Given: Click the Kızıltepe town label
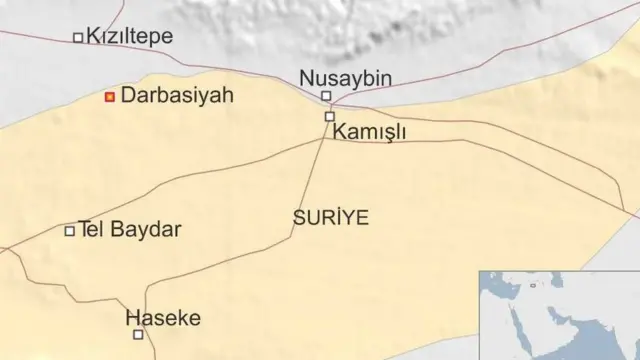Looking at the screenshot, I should click(x=129, y=37).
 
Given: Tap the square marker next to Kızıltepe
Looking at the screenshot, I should click(x=78, y=38).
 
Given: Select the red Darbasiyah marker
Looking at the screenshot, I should click(x=110, y=96).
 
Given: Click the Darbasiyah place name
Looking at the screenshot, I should click(x=176, y=96).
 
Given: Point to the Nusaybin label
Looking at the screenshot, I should click(x=346, y=77).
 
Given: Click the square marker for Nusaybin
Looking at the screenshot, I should click(x=325, y=96).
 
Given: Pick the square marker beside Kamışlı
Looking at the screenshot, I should click(x=329, y=117).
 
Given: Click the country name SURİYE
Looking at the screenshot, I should click(x=331, y=216).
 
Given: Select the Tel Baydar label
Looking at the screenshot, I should click(x=129, y=230).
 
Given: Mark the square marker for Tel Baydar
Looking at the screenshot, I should click(x=70, y=231).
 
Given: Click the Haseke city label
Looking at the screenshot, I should click(x=163, y=318).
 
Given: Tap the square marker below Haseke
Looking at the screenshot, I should click(x=138, y=335).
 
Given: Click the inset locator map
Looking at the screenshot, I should click(x=559, y=314).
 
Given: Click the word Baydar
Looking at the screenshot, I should click(x=147, y=230).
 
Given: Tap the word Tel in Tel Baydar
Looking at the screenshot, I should click(x=92, y=230).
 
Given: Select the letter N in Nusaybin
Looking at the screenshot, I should click(x=307, y=77).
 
